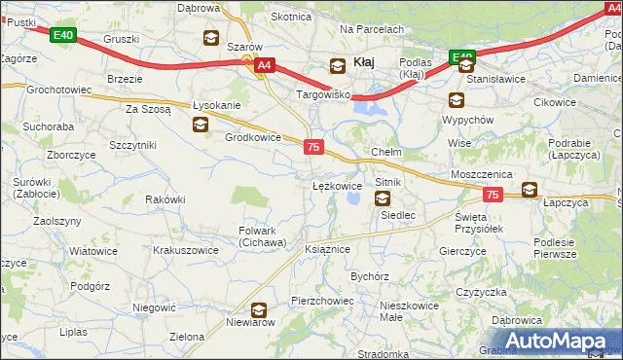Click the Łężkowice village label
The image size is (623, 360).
click(x=337, y=185)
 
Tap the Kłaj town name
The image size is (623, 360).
click(x=364, y=61)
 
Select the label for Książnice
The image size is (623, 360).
click(x=327, y=249)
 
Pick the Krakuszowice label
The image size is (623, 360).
click(x=185, y=250)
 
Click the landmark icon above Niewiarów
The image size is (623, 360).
click(x=259, y=310)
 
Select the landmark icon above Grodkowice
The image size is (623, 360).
click(x=201, y=124)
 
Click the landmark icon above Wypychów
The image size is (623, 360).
click(x=457, y=99)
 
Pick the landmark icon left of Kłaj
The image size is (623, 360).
click(x=337, y=65)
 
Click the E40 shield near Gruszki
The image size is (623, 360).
click(x=63, y=36)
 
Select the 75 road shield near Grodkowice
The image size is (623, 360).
click(x=312, y=146)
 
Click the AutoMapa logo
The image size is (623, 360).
click(x=560, y=340)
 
